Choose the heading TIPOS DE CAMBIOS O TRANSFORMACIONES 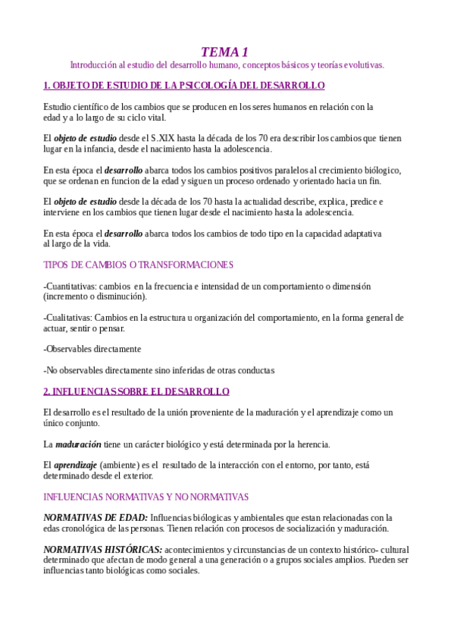pos(138,265)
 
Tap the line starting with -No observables pos(158,370)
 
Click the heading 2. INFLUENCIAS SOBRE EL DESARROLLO pos(136,391)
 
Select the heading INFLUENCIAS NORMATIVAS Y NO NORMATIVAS pos(146,497)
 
